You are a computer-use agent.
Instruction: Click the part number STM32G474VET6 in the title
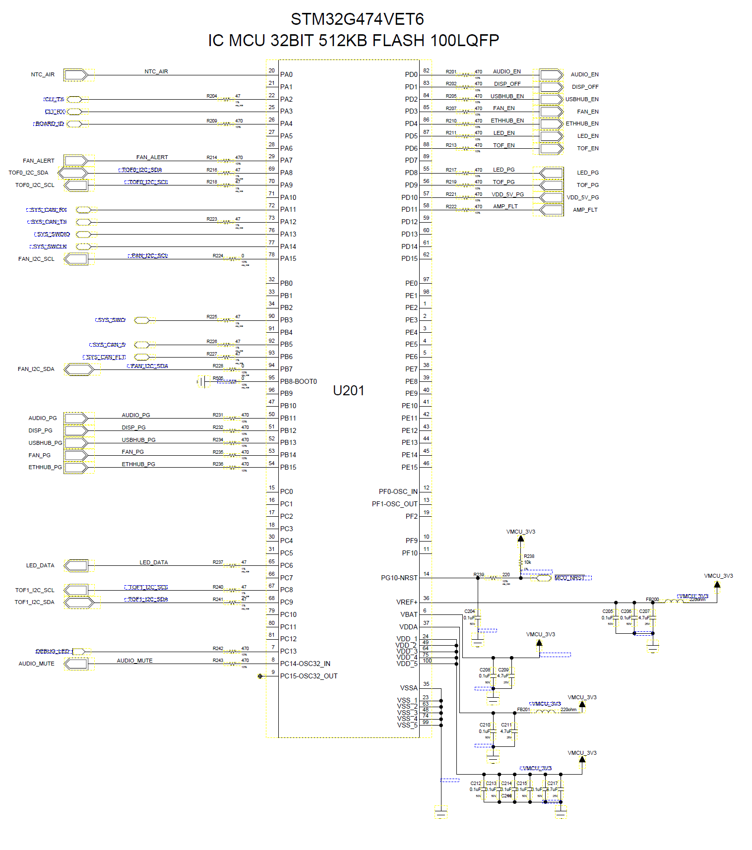coord(357,19)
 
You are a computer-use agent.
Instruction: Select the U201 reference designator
coord(348,391)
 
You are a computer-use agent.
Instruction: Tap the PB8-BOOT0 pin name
coord(298,381)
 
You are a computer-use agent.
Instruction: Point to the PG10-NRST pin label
coord(399,578)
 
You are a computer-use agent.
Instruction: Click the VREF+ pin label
coord(407,602)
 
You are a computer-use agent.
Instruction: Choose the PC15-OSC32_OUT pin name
coord(309,676)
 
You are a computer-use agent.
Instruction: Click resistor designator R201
coord(451,72)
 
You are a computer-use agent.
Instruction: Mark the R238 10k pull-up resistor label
coord(529,556)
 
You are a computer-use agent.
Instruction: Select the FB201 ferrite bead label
coord(523,710)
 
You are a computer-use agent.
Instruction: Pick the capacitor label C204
coord(469,611)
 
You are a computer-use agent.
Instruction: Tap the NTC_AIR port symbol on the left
coord(76,75)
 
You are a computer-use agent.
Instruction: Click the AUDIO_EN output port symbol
coord(551,75)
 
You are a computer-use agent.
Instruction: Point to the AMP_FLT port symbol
coord(551,210)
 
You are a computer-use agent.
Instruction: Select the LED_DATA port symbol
coord(76,565)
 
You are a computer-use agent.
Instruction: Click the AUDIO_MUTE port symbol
coord(76,664)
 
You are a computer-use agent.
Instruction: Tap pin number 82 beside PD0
coord(426,71)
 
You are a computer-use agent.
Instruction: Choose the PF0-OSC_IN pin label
coord(398,491)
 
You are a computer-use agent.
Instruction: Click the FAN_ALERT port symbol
coord(76,161)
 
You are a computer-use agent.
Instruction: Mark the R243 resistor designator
coord(218,661)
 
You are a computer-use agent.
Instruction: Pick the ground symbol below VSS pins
coord(441,813)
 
